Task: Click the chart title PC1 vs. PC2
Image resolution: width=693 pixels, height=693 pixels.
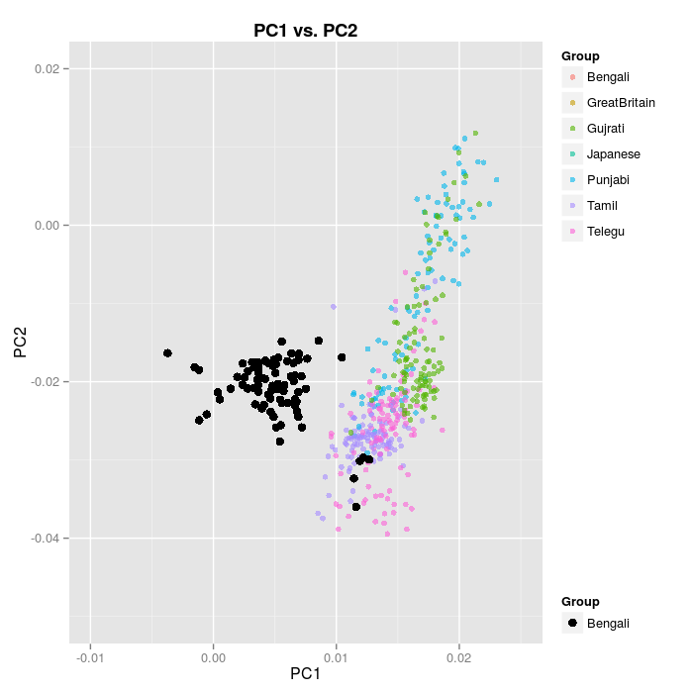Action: (305, 30)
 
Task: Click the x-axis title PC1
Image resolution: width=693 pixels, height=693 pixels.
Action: (305, 674)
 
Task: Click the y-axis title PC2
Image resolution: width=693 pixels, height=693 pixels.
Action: (20, 343)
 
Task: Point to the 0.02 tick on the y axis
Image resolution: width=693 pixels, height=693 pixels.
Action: (49, 69)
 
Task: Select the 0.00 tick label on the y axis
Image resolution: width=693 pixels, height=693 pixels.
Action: (49, 226)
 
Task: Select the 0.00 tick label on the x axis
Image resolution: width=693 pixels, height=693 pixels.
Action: (213, 655)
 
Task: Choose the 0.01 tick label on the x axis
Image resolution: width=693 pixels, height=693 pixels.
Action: (336, 655)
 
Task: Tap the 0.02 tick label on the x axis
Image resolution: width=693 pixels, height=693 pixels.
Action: (458, 655)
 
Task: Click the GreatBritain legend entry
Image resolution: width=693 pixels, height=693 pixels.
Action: (620, 102)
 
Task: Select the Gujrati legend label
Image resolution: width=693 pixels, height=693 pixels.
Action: (605, 128)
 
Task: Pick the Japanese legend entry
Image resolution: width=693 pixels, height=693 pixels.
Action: (613, 153)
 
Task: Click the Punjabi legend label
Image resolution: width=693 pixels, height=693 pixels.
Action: (608, 179)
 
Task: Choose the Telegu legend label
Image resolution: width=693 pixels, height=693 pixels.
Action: (605, 231)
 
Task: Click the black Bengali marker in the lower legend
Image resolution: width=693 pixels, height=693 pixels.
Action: (572, 623)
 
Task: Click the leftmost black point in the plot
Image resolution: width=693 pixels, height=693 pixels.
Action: (167, 353)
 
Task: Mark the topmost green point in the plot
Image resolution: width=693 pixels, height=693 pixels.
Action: (475, 133)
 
